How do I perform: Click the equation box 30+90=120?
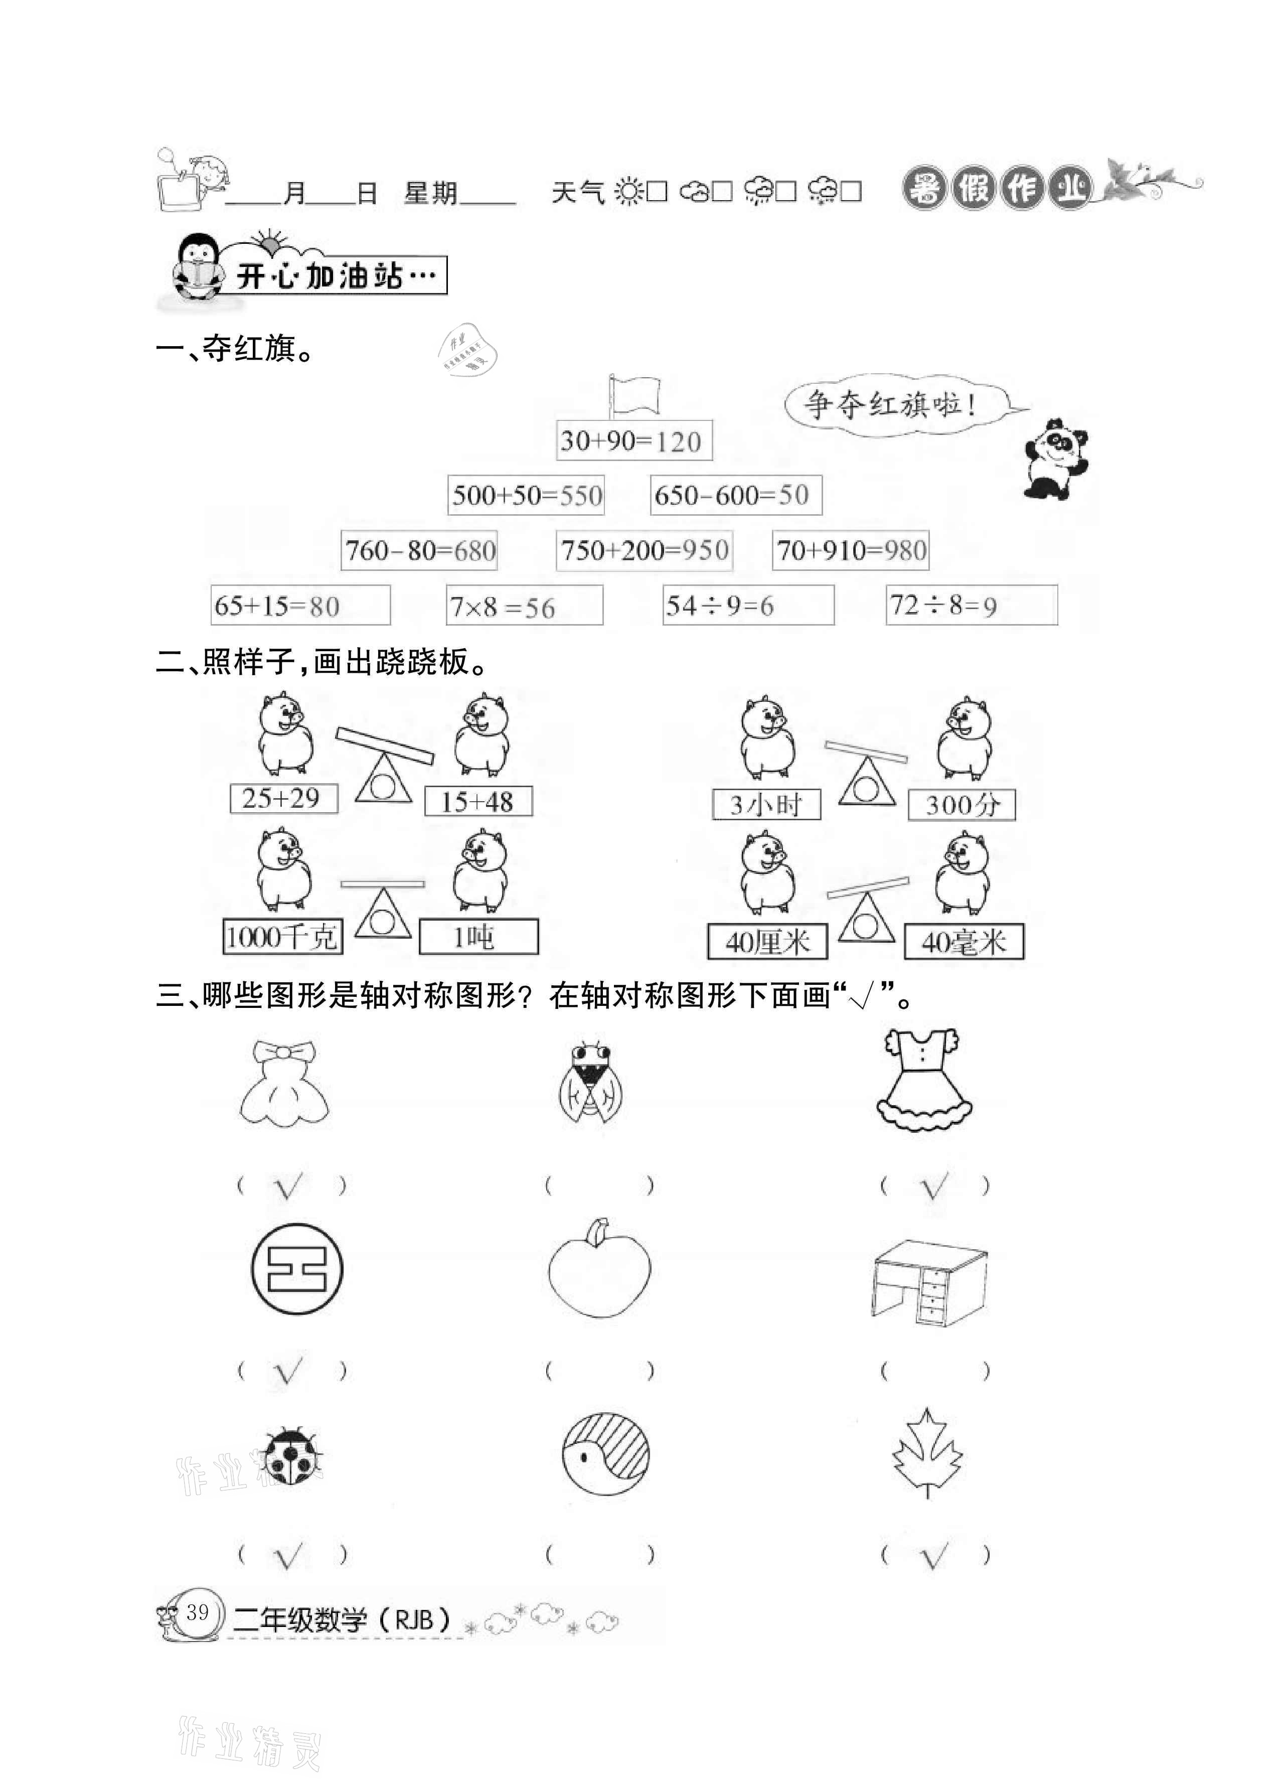pyautogui.click(x=633, y=440)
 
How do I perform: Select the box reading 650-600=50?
pyautogui.click(x=736, y=495)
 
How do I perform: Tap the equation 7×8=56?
pyautogui.click(x=524, y=606)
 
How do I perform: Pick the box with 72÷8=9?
pyautogui.click(x=971, y=606)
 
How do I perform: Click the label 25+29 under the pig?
pyautogui.click(x=283, y=799)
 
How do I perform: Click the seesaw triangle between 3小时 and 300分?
pyautogui.click(x=866, y=782)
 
